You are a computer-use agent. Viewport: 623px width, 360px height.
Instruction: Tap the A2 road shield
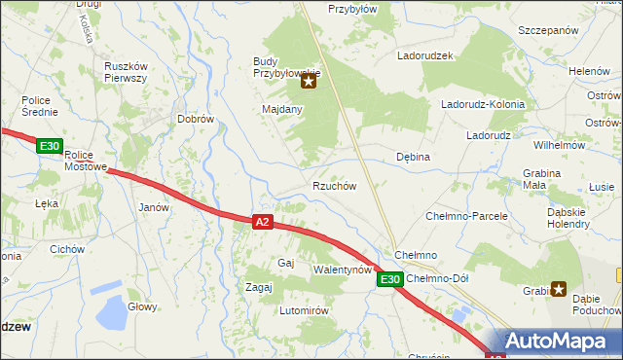point(262,222)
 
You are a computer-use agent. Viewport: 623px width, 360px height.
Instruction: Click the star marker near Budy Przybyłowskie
point(309,82)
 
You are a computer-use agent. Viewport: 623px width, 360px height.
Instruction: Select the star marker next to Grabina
point(559,288)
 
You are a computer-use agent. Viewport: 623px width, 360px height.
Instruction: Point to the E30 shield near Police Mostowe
point(50,146)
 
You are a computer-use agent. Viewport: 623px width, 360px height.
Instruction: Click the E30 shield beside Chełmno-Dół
point(389,279)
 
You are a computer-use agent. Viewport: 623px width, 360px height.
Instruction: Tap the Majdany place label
point(282,110)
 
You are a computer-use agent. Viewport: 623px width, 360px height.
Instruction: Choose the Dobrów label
point(195,119)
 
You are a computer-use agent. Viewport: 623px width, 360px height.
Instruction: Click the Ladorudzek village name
point(425,55)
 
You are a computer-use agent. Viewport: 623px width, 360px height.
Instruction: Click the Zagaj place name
point(258,287)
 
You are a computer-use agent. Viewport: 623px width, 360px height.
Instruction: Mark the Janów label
point(155,207)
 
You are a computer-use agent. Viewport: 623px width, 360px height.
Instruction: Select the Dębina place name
point(413,156)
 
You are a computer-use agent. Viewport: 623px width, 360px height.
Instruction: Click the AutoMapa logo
point(555,342)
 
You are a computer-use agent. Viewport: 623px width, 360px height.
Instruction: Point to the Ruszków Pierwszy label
point(125,72)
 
